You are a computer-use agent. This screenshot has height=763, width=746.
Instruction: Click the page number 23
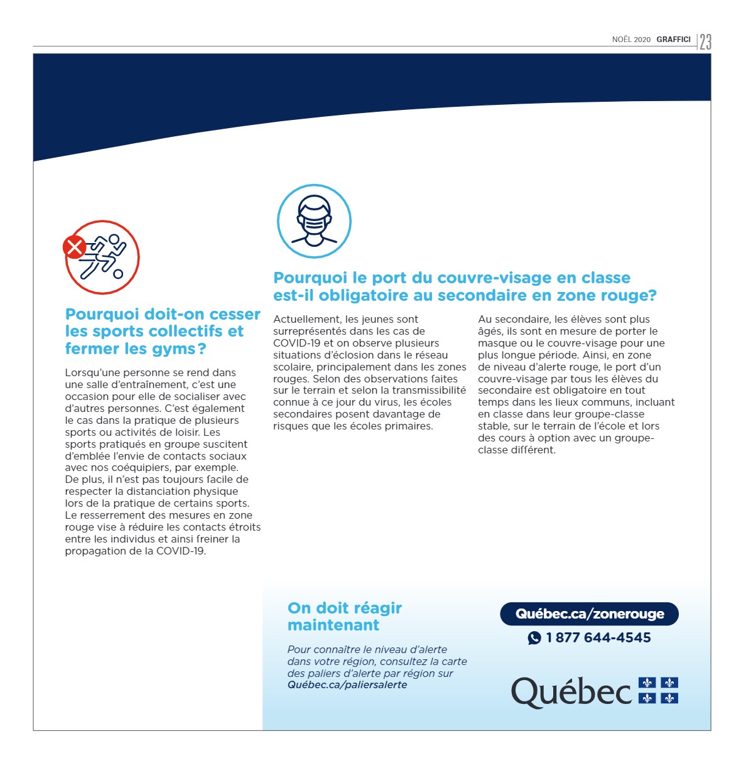pos(705,41)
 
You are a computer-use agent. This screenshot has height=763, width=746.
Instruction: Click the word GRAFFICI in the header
pos(673,40)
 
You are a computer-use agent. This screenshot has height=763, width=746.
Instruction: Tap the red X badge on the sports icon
pos(74,247)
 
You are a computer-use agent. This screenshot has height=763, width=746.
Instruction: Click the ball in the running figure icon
pos(118,274)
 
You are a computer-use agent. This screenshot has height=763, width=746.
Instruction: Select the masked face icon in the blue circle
pos(314,221)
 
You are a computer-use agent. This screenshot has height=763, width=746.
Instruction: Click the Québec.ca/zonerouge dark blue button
pos(589,614)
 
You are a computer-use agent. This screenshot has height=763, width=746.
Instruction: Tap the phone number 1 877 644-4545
pos(598,638)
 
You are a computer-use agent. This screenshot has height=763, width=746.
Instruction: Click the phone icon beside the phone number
pos(534,638)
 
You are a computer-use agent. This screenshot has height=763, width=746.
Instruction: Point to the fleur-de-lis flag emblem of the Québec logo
pos(658,690)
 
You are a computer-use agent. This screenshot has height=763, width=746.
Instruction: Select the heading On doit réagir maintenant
pos(344,617)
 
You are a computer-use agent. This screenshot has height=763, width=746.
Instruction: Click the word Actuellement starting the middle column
pos(306,320)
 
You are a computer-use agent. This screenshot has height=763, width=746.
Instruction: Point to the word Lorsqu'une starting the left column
pos(91,373)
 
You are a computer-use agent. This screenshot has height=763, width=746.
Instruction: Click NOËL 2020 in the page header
pos(631,40)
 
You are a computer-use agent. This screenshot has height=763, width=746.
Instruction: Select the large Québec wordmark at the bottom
pos(571,692)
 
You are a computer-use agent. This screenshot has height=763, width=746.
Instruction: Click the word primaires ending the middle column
pos(409,426)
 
